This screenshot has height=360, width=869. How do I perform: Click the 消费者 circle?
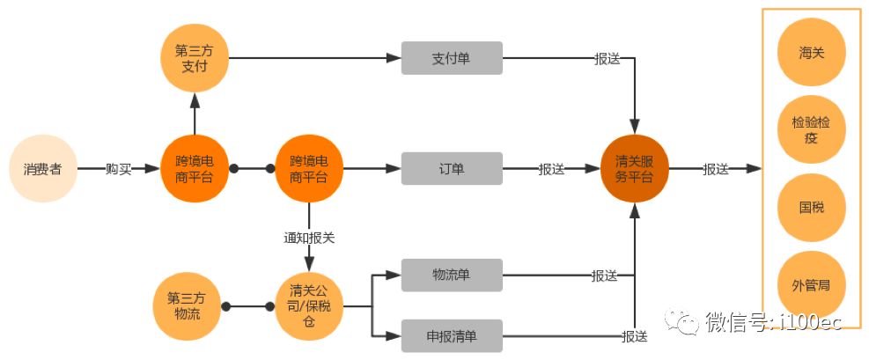(x=42, y=169)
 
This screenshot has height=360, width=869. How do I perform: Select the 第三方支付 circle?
(x=195, y=57)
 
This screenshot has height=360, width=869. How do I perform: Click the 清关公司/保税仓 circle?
(x=309, y=305)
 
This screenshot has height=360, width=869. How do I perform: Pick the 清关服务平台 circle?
(x=634, y=169)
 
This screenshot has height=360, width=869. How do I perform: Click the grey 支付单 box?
(x=452, y=58)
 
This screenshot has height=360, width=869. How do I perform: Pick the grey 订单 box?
(x=452, y=169)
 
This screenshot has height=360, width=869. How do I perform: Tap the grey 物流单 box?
(x=452, y=276)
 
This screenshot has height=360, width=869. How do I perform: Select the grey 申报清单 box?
(x=452, y=335)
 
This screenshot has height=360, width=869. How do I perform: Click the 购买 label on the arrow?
(x=118, y=169)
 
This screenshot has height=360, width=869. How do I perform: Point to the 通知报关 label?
(x=309, y=238)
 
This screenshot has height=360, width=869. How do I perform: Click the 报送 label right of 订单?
(x=552, y=169)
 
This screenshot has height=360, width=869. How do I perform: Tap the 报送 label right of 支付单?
(x=607, y=59)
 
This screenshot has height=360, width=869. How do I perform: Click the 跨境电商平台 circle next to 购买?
(x=195, y=169)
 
